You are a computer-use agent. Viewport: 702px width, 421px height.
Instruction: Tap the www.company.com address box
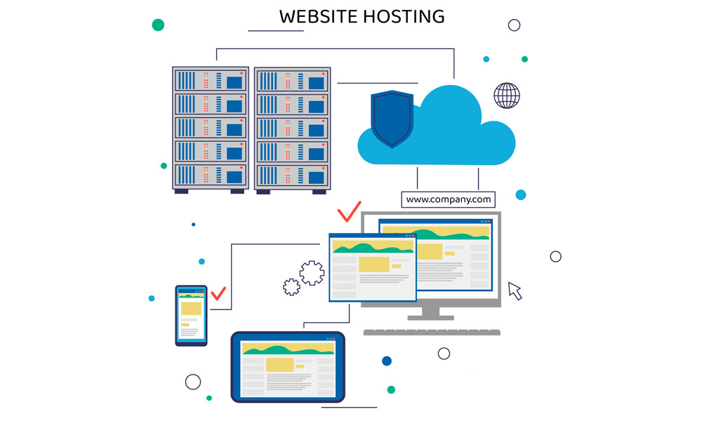[x=448, y=199]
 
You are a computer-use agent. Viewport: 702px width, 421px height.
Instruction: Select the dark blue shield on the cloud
[x=392, y=118]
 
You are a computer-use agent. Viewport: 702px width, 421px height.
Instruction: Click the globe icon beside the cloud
[x=507, y=95]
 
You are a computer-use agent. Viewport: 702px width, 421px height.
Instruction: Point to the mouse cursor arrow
[x=515, y=290]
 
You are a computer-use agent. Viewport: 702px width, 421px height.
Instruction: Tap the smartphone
[x=191, y=315]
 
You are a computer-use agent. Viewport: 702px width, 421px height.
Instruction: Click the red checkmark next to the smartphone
[x=218, y=293]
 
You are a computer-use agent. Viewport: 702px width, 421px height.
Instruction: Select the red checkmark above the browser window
[x=348, y=211]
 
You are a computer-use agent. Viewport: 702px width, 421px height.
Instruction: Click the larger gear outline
[x=312, y=272]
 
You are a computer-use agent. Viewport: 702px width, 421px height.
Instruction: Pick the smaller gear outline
[x=291, y=286]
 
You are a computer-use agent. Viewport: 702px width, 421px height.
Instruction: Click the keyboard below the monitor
[x=432, y=331]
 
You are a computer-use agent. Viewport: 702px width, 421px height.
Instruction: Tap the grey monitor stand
[x=430, y=313]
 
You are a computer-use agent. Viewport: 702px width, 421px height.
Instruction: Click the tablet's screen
[x=288, y=368]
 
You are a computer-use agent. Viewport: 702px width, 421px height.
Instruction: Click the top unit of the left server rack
[x=211, y=80]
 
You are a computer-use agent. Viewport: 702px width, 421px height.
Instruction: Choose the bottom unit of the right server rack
[x=292, y=175]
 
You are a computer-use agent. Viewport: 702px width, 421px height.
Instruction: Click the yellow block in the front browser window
[x=373, y=265]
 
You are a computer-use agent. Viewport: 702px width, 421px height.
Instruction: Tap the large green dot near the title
[x=158, y=25]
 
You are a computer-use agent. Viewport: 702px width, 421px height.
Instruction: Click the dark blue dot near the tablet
[x=387, y=361]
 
